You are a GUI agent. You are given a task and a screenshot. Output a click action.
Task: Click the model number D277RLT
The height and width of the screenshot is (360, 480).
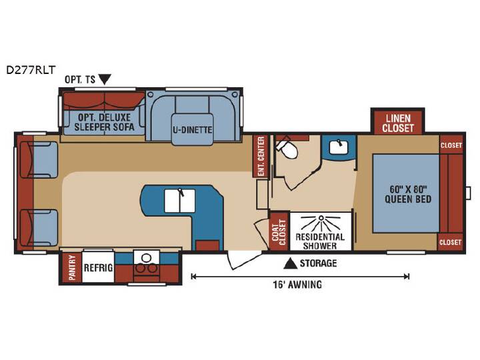(31, 70)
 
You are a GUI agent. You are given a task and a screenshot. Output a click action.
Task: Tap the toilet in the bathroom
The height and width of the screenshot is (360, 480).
(287, 147)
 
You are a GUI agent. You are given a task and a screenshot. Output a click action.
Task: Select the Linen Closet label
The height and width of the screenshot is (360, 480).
(397, 123)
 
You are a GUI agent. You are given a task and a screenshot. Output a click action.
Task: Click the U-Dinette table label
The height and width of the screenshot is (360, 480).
(192, 130)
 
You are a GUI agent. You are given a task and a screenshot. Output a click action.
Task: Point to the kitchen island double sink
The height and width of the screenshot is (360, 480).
(180, 201)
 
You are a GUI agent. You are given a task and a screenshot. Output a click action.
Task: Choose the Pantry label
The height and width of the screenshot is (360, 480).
(72, 267)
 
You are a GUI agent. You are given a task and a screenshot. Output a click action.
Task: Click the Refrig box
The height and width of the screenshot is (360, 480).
(98, 267)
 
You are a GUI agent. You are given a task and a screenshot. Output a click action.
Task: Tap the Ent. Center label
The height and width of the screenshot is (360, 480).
(261, 156)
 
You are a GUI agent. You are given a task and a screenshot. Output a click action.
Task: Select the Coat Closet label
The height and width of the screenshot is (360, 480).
(279, 232)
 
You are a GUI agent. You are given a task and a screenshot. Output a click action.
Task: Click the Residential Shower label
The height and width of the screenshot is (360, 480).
(320, 241)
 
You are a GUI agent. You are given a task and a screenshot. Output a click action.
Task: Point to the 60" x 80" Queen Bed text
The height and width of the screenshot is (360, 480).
(408, 194)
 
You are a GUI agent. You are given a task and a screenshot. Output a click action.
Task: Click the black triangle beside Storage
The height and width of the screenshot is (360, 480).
(290, 263)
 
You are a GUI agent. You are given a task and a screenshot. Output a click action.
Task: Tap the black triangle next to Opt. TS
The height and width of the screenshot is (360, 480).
(105, 79)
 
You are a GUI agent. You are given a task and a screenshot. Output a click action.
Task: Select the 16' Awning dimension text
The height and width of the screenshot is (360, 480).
(297, 285)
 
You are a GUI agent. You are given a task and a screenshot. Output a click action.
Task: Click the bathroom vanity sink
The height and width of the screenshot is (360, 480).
(339, 147)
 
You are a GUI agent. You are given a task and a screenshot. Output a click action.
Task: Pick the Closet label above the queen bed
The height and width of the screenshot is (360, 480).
(451, 145)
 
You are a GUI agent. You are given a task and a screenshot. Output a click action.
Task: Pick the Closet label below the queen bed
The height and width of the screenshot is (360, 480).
(450, 243)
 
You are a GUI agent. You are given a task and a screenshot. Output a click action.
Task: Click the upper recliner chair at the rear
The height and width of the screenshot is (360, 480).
(39, 159)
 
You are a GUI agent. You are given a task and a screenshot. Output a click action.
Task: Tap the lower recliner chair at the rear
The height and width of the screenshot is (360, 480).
(39, 228)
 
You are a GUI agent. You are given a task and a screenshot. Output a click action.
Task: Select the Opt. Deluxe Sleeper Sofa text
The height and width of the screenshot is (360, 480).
(105, 122)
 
